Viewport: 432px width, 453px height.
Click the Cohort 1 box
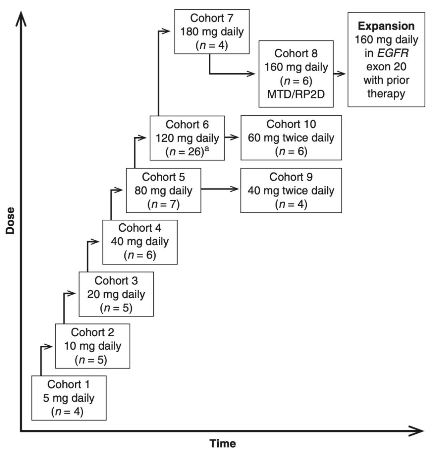pos(69,398)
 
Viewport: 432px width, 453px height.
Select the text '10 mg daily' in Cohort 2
pos(93,346)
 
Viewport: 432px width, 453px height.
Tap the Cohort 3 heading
pos(116,280)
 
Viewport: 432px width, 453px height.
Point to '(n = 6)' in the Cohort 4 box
pos(140,255)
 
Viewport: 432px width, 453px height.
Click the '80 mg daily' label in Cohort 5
pos(163,190)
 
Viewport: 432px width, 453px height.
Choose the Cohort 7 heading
pos(212,18)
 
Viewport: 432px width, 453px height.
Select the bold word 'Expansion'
pos(386,26)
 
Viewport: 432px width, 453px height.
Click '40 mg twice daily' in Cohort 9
pos(291,190)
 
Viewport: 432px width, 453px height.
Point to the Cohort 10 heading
pos(291,124)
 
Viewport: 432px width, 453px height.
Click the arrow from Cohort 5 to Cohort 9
pos(220,188)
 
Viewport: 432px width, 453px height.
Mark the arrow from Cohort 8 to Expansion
pos(340,74)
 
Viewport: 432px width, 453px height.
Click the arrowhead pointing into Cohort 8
pos(252,74)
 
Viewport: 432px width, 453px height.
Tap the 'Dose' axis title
pos(10,220)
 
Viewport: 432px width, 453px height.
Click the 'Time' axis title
pos(223,443)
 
